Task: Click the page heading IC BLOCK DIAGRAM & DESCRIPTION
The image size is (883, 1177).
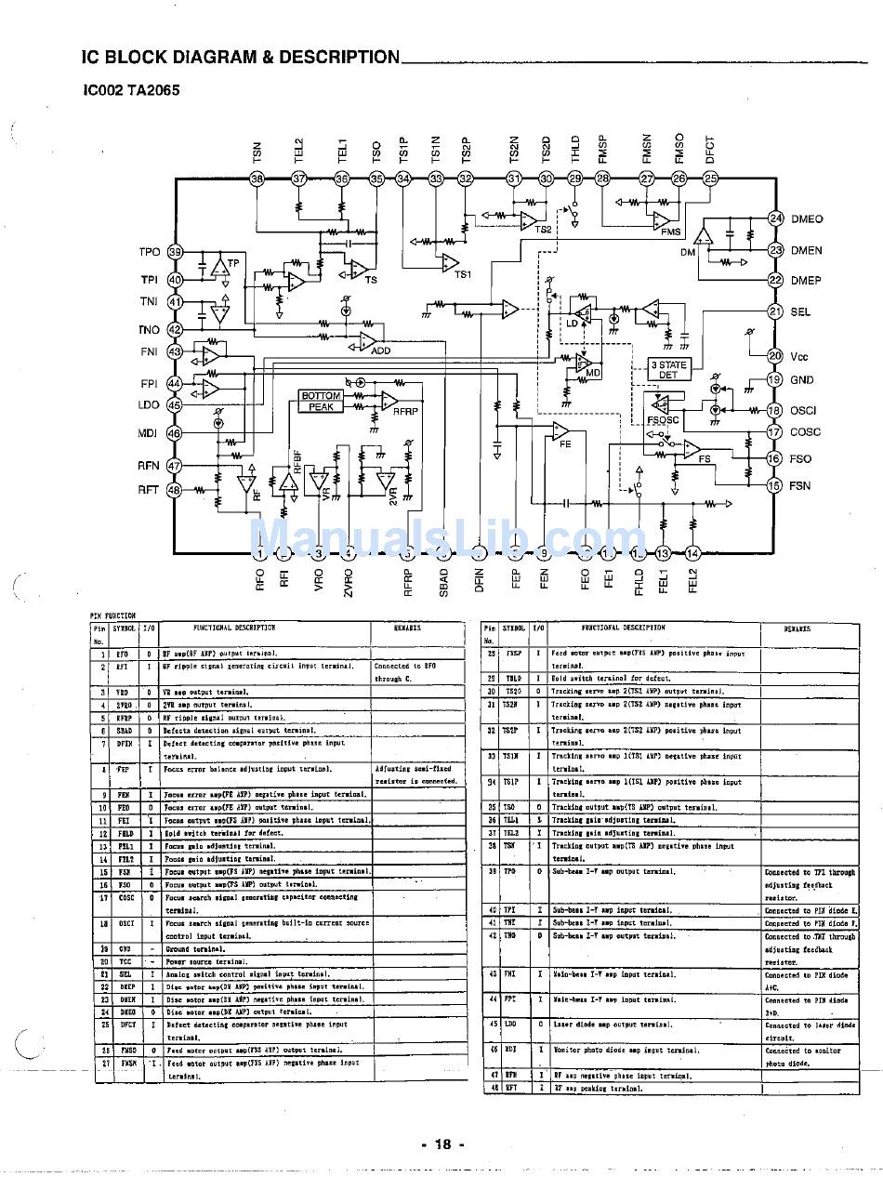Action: tap(241, 58)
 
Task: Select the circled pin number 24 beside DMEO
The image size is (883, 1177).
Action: tap(775, 218)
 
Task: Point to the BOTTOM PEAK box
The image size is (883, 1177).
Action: tap(321, 402)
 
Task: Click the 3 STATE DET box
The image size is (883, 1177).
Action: tap(668, 370)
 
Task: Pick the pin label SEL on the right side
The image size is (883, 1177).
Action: tap(800, 312)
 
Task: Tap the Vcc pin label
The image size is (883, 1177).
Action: tap(799, 356)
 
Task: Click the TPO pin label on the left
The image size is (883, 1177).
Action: tap(150, 252)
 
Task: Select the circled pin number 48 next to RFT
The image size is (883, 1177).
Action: tap(174, 490)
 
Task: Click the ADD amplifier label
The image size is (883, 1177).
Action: tap(381, 350)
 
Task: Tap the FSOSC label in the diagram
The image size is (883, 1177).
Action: tap(663, 420)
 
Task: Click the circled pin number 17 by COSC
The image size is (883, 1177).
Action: tap(774, 431)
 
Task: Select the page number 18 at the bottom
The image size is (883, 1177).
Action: tap(441, 1144)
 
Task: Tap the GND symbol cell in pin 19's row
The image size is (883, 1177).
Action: tap(125, 948)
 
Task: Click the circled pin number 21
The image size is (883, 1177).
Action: tap(774, 312)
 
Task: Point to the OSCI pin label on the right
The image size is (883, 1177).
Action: tap(803, 410)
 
